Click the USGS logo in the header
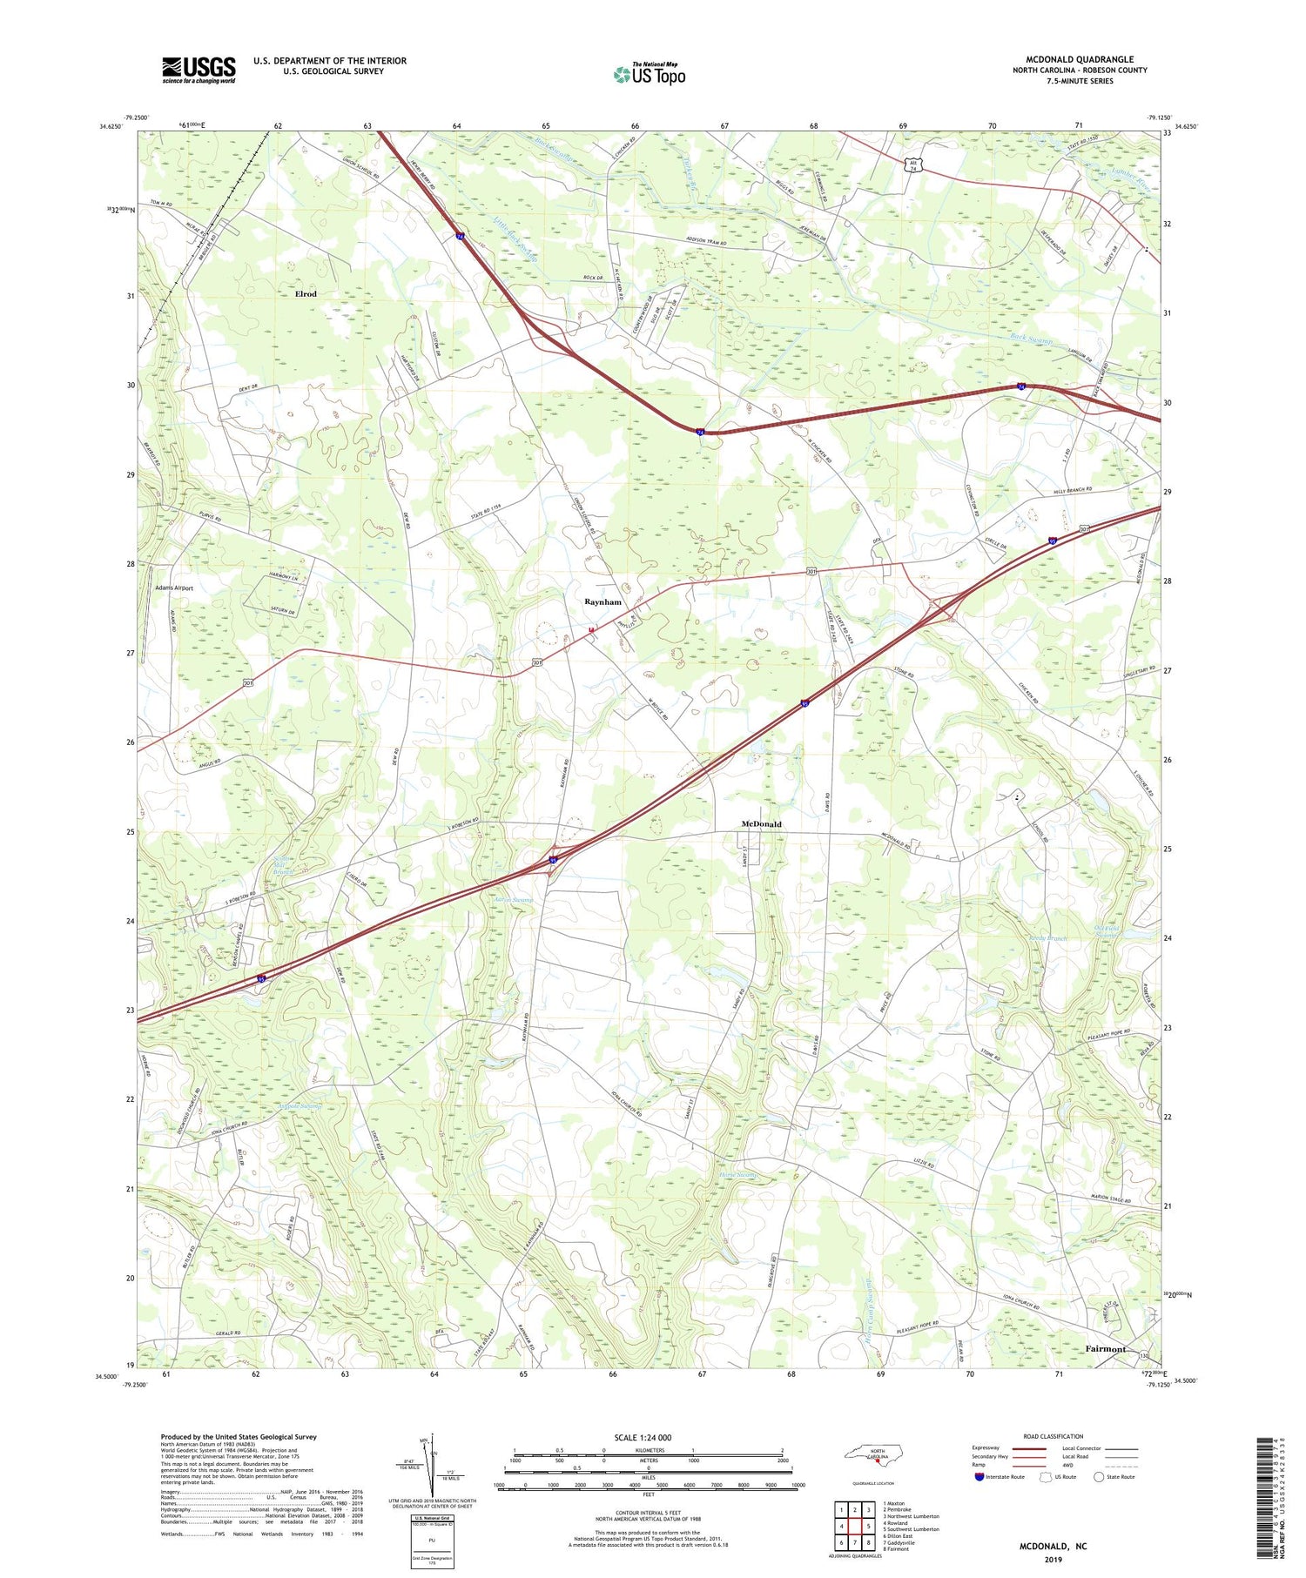[x=199, y=70]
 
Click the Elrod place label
[x=306, y=294]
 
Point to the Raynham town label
[x=603, y=602]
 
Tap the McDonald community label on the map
[x=761, y=823]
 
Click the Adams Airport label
[x=174, y=588]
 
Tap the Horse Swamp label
[x=739, y=1176]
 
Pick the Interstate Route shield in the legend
[x=979, y=1477]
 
